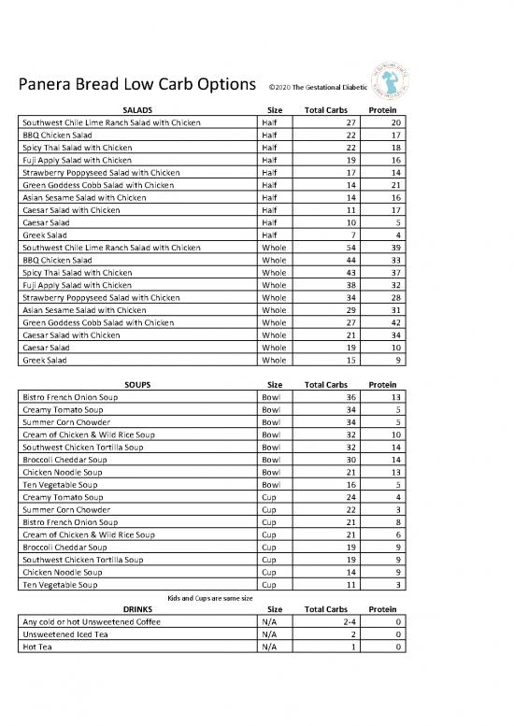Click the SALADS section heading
(x=137, y=110)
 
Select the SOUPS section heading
(x=137, y=383)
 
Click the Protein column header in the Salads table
(x=385, y=110)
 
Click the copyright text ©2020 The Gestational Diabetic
(x=316, y=88)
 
